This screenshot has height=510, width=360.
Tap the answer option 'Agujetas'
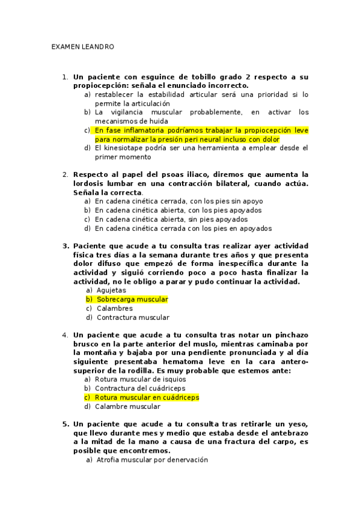(x=111, y=290)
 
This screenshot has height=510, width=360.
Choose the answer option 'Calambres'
(x=114, y=309)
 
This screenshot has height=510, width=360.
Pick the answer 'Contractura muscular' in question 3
(x=132, y=318)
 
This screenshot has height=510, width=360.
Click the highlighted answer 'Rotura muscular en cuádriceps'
(x=147, y=398)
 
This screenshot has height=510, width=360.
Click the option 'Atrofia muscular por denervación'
(x=151, y=459)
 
